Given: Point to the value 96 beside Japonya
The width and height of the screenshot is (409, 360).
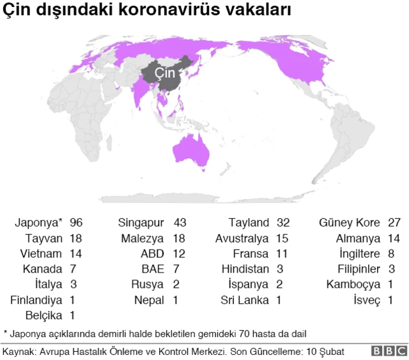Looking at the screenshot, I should point(77,223).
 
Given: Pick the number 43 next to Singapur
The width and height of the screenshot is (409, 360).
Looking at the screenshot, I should point(180,223).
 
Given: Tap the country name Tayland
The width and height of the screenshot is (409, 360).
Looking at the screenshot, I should point(249,223).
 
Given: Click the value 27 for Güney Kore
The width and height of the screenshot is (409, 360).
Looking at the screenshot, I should point(394,223).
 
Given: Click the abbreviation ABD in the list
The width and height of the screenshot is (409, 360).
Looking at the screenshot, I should point(153,253).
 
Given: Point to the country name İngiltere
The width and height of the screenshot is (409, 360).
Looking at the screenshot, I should point(357,253).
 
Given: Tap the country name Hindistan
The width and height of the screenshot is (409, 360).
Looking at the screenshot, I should point(245,269).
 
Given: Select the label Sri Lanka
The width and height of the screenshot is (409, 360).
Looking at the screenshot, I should point(245,299).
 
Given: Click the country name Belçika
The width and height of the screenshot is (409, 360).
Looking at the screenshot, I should point(43,315).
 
